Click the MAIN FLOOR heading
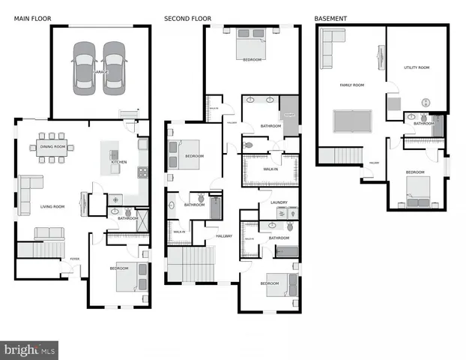(x=31, y=17)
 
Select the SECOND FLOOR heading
(x=187, y=17)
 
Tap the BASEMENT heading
(x=330, y=17)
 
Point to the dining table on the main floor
(x=53, y=147)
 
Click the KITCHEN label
(x=119, y=162)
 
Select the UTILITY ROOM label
(x=417, y=67)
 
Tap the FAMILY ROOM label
(x=351, y=85)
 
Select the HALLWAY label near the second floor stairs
(x=224, y=236)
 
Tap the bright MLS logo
(x=30, y=349)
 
